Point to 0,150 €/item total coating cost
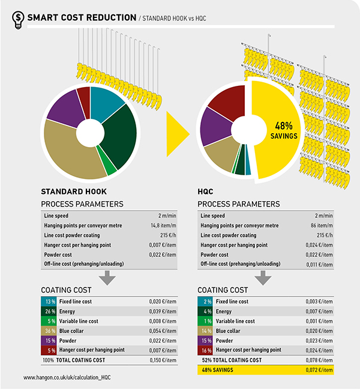tap(163, 360)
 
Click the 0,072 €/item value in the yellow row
tap(320, 370)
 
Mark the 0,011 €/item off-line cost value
tap(320, 264)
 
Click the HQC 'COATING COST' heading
tap(223, 290)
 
